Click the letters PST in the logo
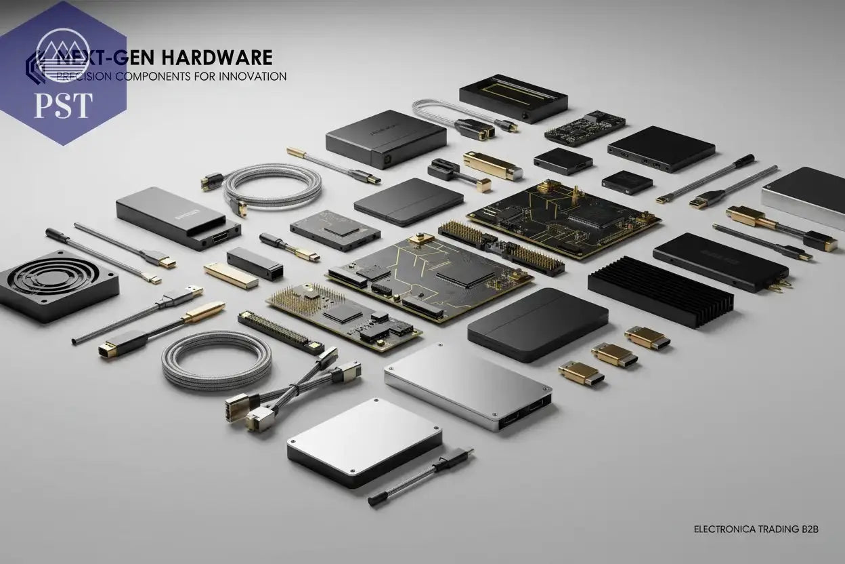63,105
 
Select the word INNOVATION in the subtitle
251,77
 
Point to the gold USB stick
231,275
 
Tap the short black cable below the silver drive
420,478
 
